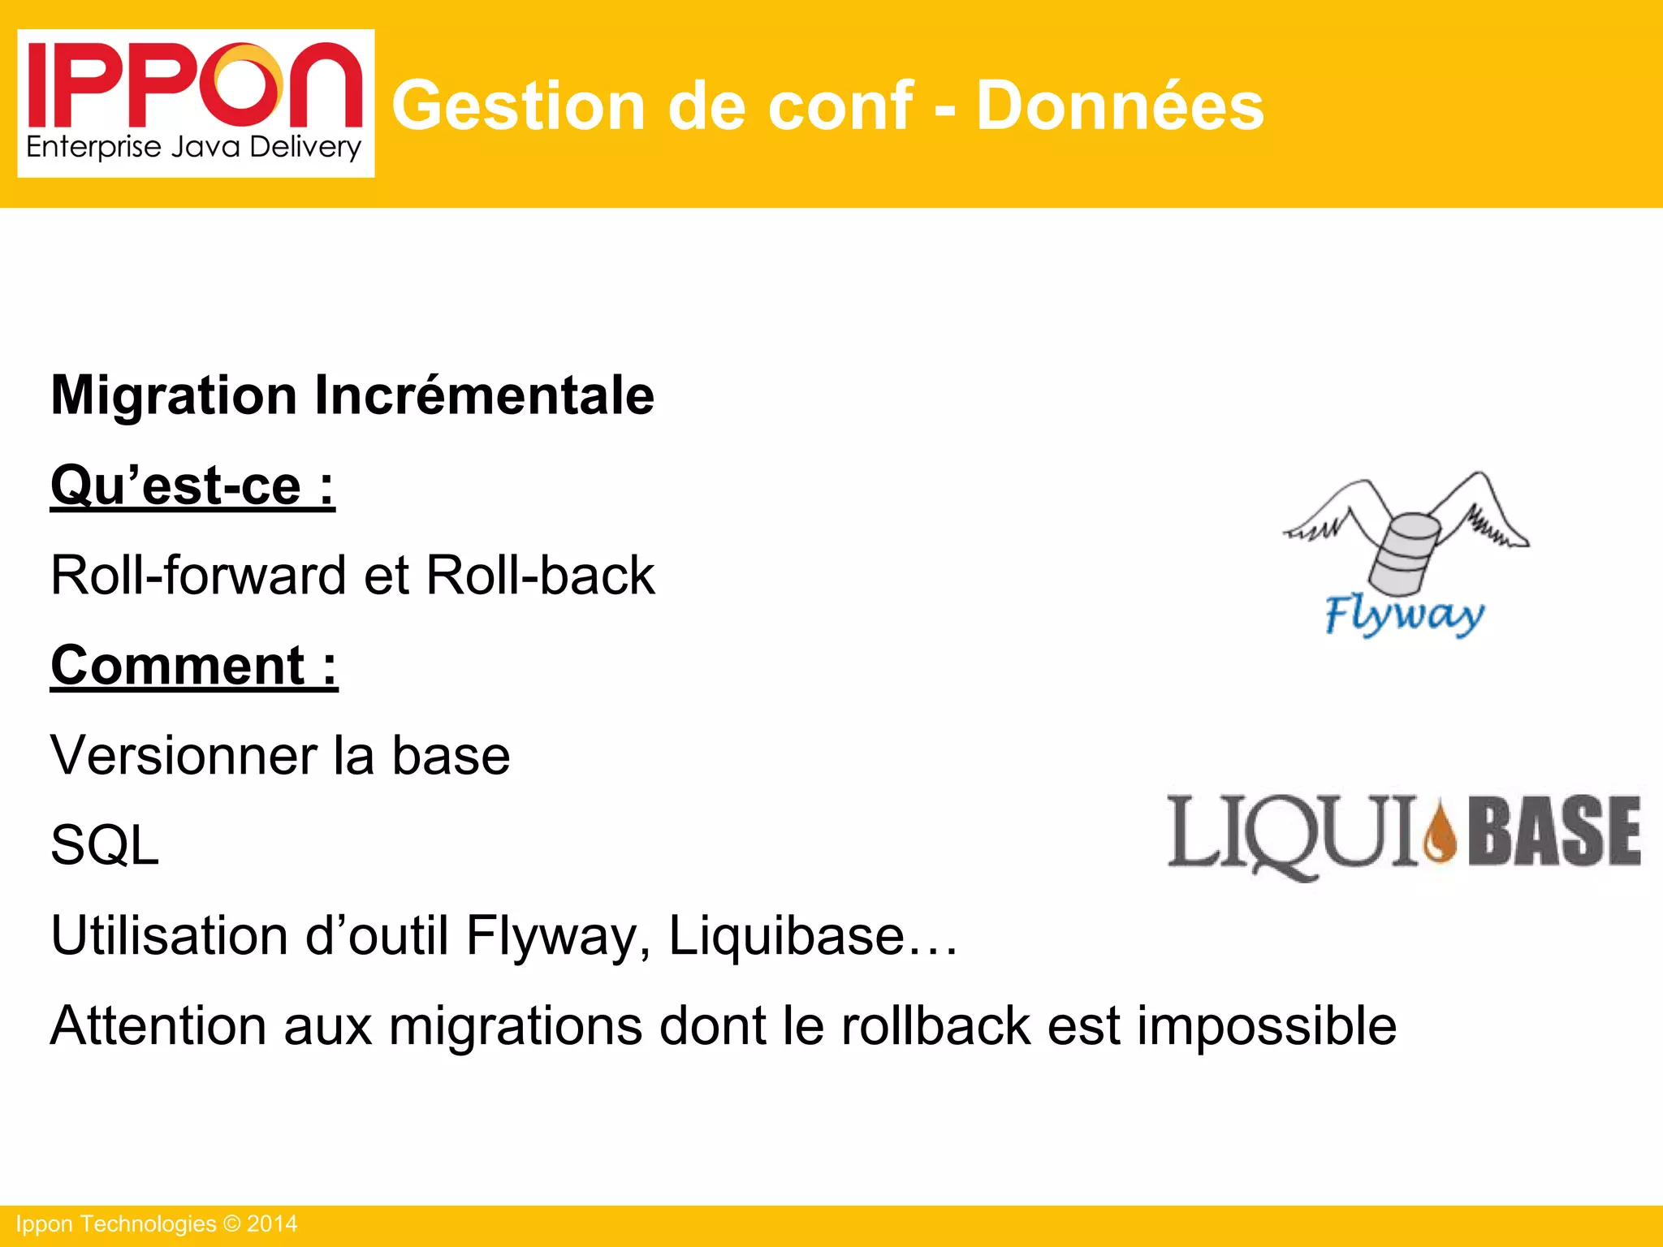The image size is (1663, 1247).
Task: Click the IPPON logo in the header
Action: pyautogui.click(x=195, y=85)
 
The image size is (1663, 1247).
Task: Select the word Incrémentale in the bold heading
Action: pyautogui.click(x=484, y=395)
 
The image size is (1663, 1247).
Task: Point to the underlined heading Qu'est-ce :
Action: pyautogui.click(x=192, y=485)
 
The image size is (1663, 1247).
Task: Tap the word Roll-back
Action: pyautogui.click(x=540, y=576)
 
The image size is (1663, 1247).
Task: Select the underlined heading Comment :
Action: pyautogui.click(x=194, y=666)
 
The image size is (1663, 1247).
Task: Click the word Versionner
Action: pyautogui.click(x=184, y=756)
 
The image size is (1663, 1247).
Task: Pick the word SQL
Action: pyautogui.click(x=105, y=846)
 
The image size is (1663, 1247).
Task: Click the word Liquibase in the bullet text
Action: pyautogui.click(x=785, y=935)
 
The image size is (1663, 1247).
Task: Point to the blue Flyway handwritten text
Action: pyautogui.click(x=1405, y=615)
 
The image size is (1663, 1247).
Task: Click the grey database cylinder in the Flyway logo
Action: pyautogui.click(x=1404, y=552)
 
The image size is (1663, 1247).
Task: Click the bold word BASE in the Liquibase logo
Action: pyautogui.click(x=1554, y=831)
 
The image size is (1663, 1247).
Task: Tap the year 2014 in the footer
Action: pyautogui.click(x=272, y=1224)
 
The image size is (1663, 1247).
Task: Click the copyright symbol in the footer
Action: pyautogui.click(x=232, y=1224)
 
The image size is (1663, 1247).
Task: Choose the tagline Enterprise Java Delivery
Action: pyautogui.click(x=193, y=147)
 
